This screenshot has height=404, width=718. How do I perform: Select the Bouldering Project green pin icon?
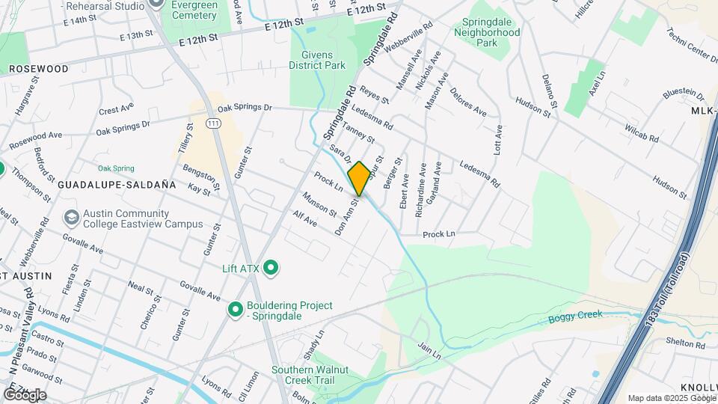coord(236,308)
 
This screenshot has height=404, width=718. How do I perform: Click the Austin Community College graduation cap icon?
coord(72,218)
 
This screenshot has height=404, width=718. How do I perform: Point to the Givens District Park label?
coord(317,60)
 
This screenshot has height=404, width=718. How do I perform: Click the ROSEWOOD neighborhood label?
coord(39,69)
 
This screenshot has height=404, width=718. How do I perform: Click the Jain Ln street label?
coord(430,347)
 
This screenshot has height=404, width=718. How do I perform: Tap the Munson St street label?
coord(320,204)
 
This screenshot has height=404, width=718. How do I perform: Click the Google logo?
coord(24,394)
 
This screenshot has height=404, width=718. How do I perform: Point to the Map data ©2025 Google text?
coord(672,398)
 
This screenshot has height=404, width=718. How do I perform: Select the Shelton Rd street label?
coord(686,343)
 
